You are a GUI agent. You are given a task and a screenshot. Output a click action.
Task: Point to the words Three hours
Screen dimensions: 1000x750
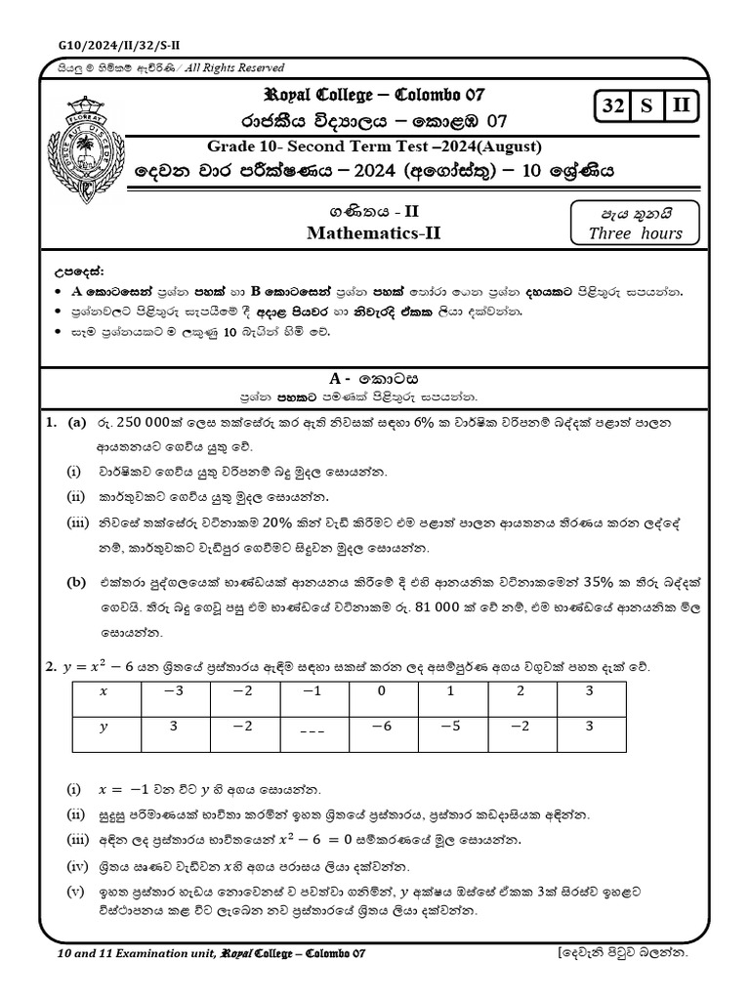635,232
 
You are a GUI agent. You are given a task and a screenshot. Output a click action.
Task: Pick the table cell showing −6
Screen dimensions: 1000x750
382,727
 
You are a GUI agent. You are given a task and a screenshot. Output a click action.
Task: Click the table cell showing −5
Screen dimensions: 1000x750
450,727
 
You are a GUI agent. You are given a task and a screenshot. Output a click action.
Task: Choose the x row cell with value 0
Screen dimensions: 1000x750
382,691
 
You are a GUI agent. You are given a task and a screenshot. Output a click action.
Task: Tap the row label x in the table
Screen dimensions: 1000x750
105,691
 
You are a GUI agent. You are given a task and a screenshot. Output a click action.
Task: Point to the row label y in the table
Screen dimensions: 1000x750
105,727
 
